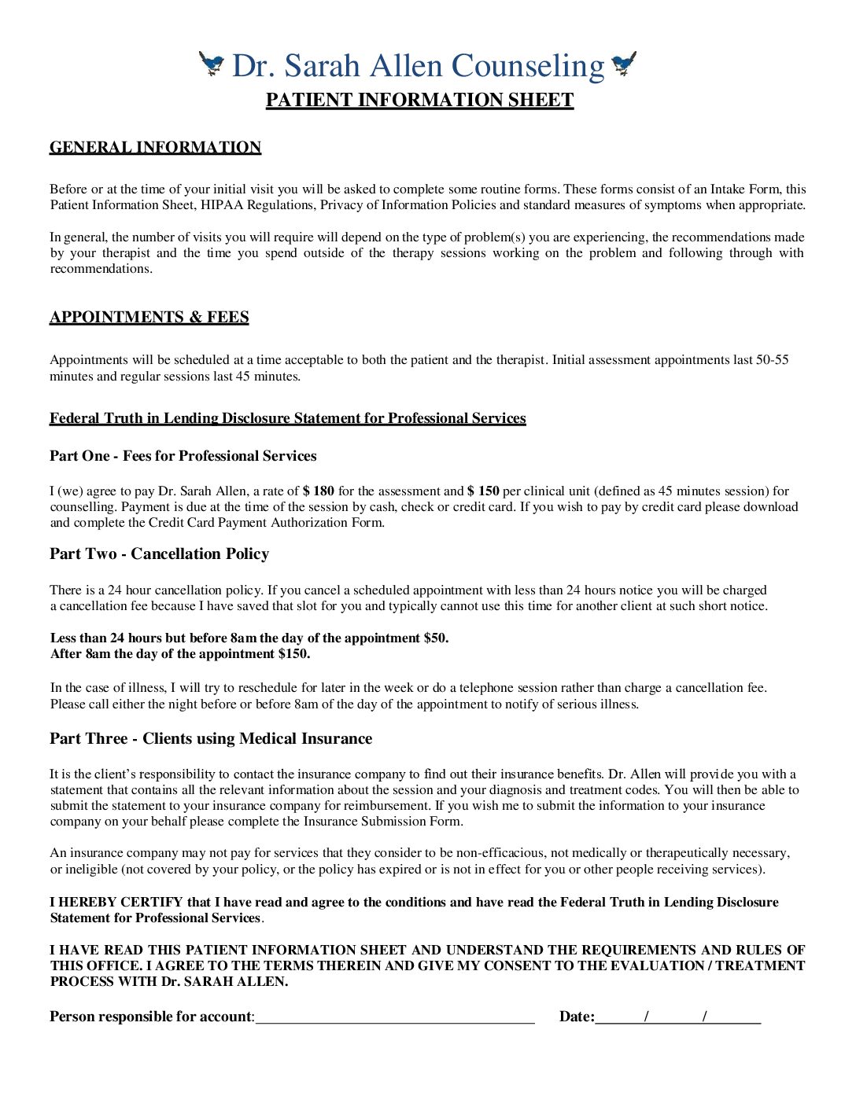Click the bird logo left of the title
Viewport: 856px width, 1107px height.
tap(211, 64)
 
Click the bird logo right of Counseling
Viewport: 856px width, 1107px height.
tap(624, 64)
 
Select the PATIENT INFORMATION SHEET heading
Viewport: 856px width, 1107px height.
tap(419, 100)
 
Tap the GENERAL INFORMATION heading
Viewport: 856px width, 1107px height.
tap(155, 147)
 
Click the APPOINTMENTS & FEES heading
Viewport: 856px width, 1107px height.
tap(149, 317)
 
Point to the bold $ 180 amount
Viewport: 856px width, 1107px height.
tap(319, 491)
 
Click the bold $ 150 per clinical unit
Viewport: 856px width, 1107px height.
tap(483, 491)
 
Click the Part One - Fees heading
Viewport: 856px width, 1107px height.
tap(183, 456)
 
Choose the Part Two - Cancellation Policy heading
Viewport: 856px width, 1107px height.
tap(159, 553)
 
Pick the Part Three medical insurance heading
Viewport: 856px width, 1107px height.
tap(211, 738)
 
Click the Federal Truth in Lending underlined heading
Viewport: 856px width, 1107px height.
tap(287, 418)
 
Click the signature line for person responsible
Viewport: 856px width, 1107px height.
tap(395, 1017)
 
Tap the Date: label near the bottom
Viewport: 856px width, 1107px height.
tap(577, 1017)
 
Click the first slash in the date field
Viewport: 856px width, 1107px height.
tap(646, 1017)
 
